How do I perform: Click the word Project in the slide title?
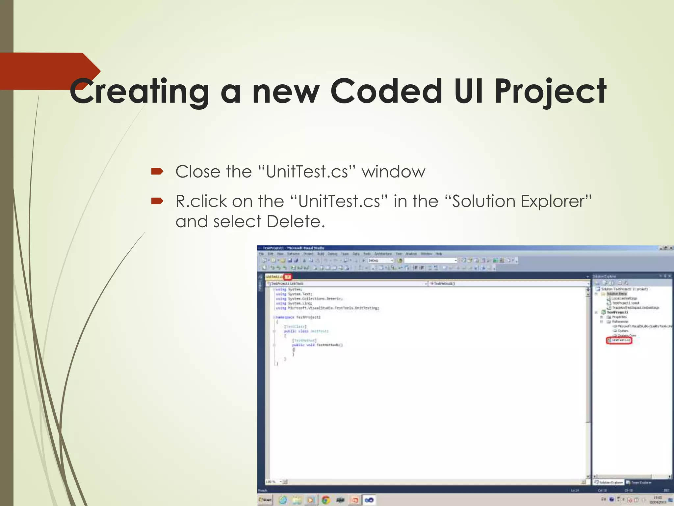coord(551,91)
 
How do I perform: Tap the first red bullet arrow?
coord(157,171)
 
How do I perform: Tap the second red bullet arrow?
coord(157,201)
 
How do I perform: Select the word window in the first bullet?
coord(393,172)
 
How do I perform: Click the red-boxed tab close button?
coord(288,277)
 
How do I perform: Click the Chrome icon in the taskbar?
coord(325,500)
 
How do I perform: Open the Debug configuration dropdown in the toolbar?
coord(380,261)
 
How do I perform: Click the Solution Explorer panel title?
coord(604,276)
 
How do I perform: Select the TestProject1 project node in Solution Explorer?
coord(617,312)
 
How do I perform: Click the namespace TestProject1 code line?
coord(298,317)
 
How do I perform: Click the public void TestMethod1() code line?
coord(317,345)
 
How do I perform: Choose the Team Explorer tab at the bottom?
coord(640,483)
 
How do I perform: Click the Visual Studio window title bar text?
coord(293,248)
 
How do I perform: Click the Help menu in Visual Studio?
coord(439,254)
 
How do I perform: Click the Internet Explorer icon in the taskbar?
coord(283,500)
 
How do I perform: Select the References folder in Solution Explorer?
coord(620,322)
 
